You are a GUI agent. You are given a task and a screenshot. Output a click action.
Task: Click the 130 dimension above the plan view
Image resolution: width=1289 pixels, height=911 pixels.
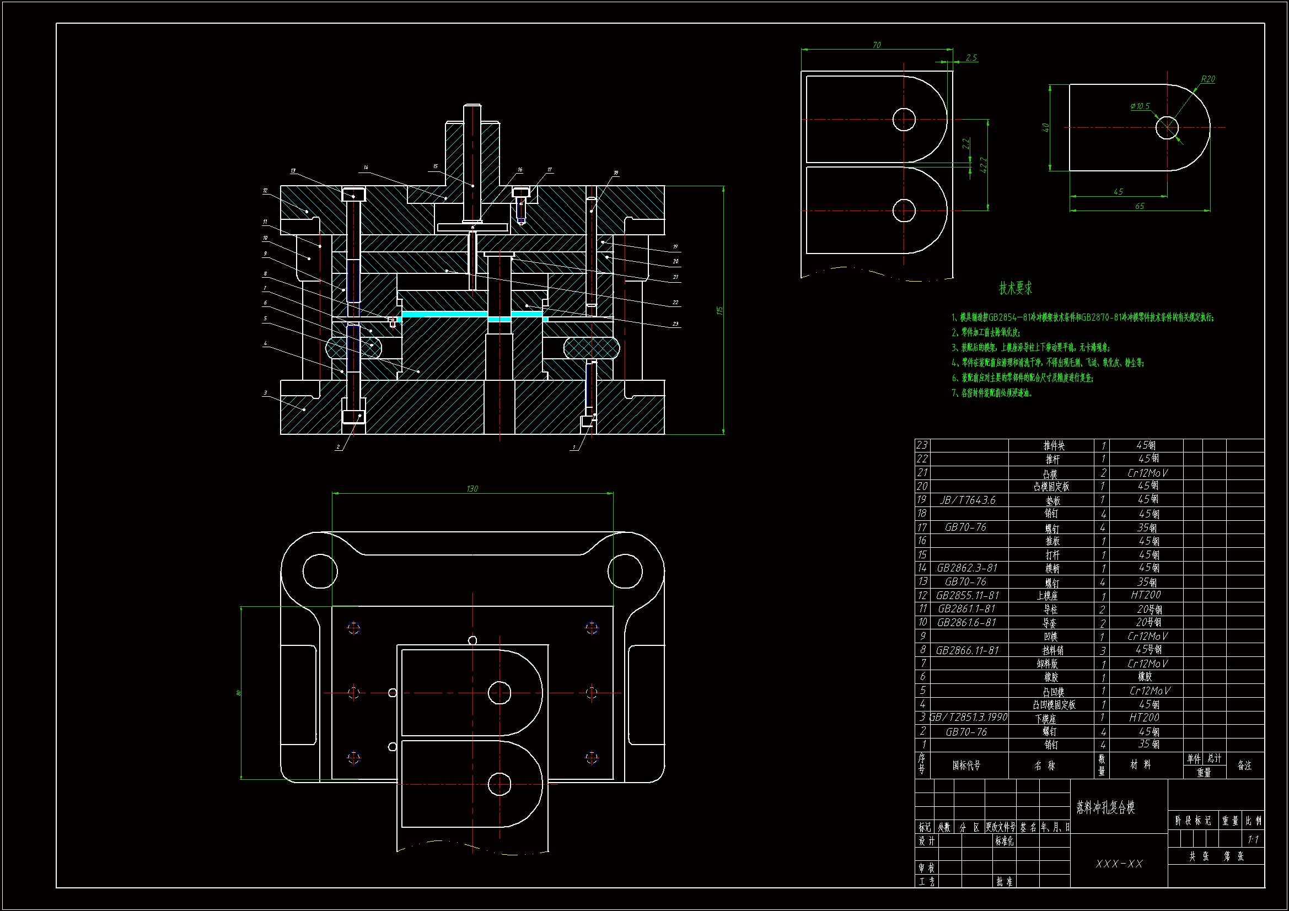tap(472, 489)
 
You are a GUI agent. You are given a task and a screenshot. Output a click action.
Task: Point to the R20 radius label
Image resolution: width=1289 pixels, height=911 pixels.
tap(1207, 79)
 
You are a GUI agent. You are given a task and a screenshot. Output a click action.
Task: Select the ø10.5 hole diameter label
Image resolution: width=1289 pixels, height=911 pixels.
tap(1140, 106)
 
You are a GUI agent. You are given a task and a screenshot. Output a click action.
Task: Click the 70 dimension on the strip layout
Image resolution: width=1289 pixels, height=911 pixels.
tap(877, 45)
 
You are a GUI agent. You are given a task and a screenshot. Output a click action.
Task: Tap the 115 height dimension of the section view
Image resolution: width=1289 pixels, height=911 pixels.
tap(719, 310)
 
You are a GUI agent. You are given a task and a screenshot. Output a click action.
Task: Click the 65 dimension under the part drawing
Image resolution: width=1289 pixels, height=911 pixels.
tap(1139, 206)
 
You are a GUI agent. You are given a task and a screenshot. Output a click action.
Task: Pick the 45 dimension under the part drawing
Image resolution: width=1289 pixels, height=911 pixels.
tap(1118, 192)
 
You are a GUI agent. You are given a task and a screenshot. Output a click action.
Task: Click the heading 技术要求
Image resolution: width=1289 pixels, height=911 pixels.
tap(1015, 288)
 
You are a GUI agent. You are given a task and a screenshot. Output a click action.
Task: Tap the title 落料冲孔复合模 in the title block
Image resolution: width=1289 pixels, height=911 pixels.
tap(1105, 808)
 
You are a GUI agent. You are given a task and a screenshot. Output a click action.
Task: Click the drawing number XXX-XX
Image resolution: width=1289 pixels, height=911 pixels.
tap(1119, 864)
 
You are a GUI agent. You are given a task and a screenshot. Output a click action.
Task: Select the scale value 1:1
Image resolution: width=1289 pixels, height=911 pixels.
tap(1253, 840)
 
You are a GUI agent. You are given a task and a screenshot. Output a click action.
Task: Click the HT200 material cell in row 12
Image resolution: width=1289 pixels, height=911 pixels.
tap(1145, 595)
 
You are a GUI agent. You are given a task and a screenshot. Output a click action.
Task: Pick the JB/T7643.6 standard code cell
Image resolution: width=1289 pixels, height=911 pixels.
tap(968, 500)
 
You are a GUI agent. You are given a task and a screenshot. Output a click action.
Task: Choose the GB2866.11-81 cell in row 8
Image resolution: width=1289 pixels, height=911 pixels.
tap(968, 650)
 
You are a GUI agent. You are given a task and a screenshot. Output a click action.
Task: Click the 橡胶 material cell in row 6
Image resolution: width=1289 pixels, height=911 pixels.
tap(1145, 677)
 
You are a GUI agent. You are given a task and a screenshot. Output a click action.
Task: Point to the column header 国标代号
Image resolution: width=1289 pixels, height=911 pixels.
tap(966, 766)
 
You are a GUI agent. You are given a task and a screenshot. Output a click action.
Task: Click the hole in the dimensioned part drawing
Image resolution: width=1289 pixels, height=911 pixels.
tap(1167, 127)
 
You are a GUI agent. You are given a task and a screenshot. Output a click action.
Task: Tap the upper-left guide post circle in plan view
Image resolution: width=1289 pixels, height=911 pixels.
tap(319, 571)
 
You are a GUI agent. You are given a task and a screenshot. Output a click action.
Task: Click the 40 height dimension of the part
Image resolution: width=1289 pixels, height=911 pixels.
tap(1046, 127)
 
